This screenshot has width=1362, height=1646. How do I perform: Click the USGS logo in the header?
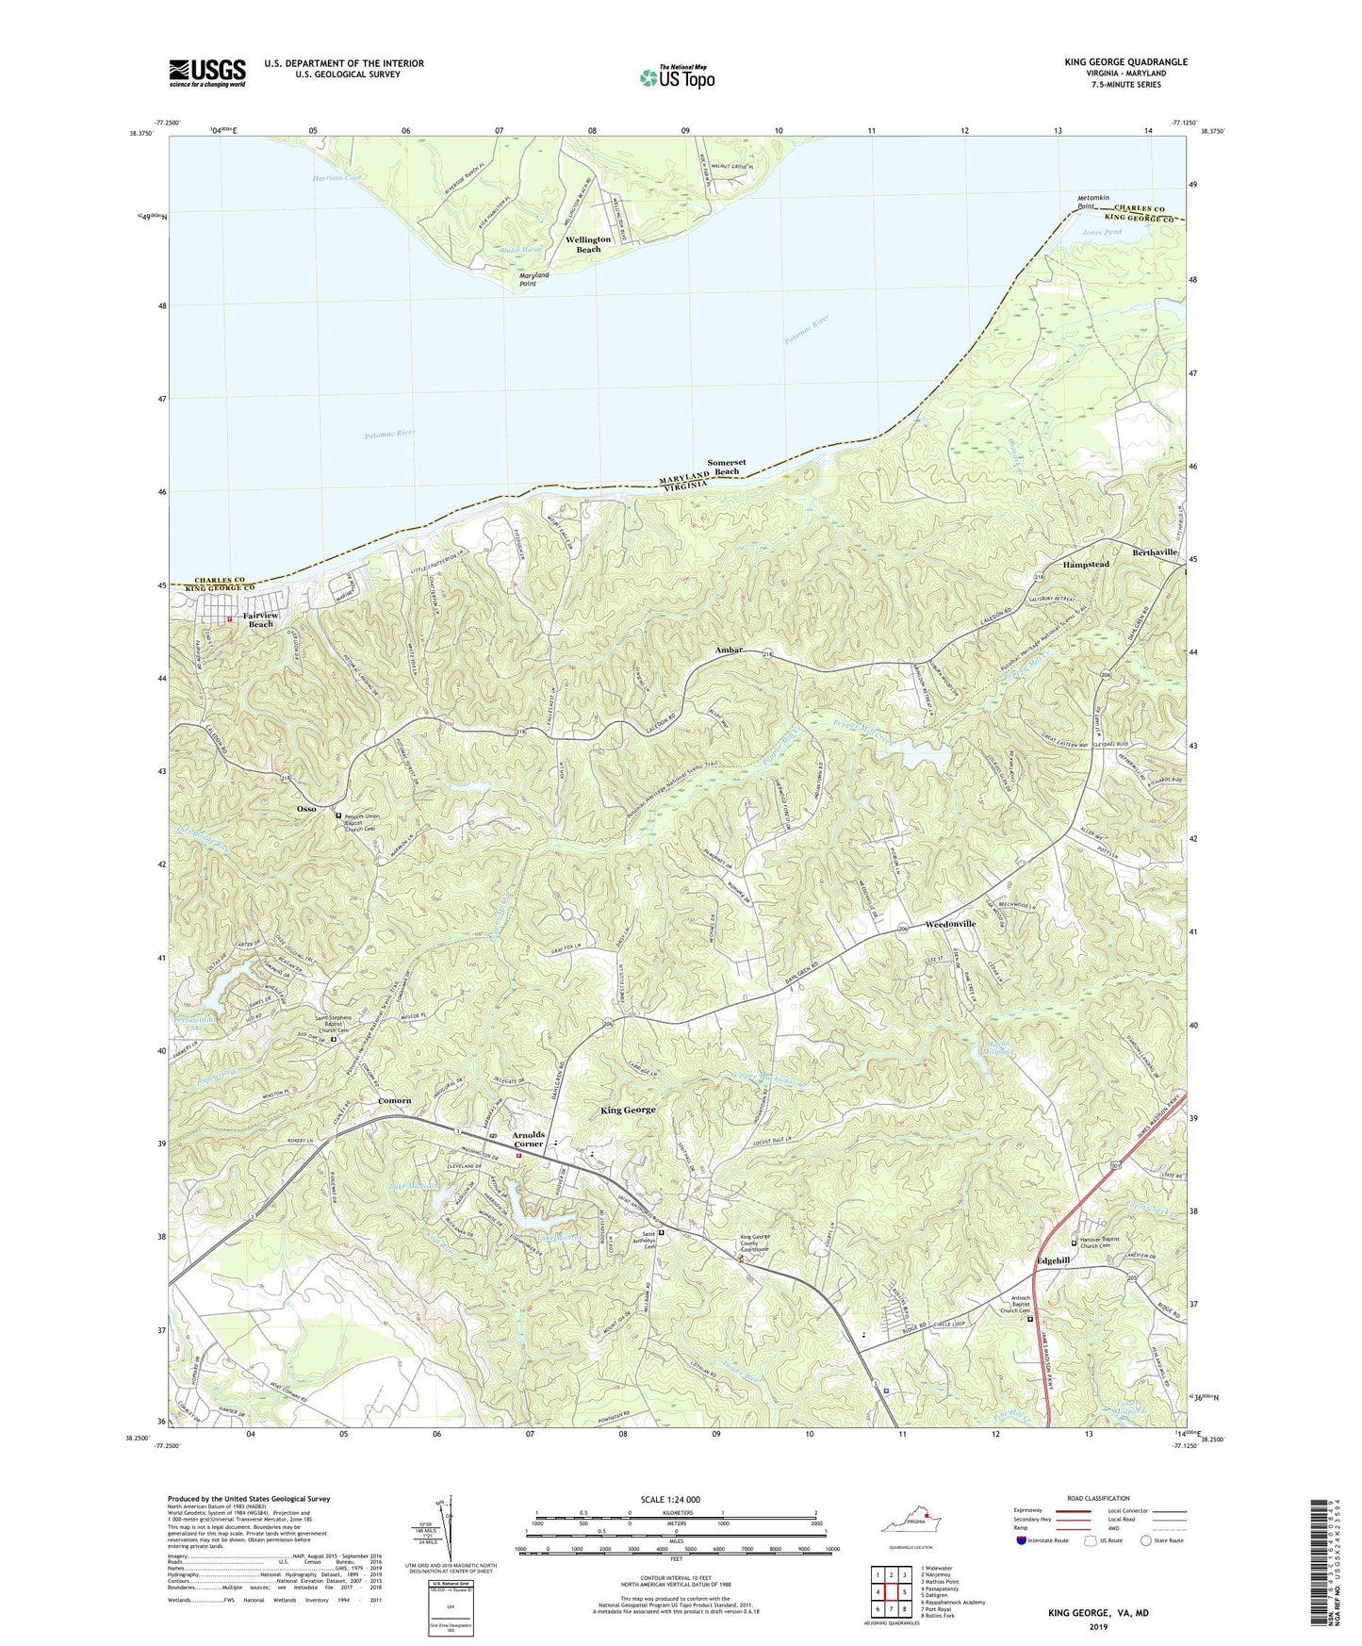tap(206, 73)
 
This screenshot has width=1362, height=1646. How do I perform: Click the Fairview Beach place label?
tap(260, 619)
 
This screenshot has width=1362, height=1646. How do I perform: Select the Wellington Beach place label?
tap(588, 244)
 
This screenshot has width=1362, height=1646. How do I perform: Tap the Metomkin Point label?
tap(1094, 202)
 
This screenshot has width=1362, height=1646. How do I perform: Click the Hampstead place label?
tap(1086, 564)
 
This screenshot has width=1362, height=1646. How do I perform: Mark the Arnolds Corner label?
tap(528, 1139)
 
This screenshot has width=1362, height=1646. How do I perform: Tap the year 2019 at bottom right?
tap(1098, 1626)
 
